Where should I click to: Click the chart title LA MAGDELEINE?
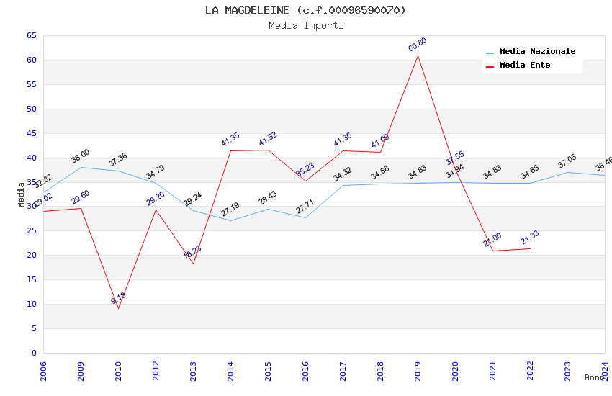(x=305, y=10)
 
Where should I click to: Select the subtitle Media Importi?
(x=305, y=25)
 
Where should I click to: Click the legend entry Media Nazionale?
(x=537, y=52)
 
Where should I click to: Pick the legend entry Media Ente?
(x=525, y=65)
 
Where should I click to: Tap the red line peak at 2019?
(x=418, y=55)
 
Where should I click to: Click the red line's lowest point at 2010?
(x=118, y=308)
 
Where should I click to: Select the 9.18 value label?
(x=118, y=298)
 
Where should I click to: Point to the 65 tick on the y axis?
(x=31, y=35)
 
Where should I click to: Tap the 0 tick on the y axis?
(x=34, y=353)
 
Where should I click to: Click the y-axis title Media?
(x=22, y=194)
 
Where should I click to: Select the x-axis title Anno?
(x=594, y=377)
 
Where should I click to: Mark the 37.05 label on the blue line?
(x=567, y=161)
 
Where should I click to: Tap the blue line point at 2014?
(x=230, y=220)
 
